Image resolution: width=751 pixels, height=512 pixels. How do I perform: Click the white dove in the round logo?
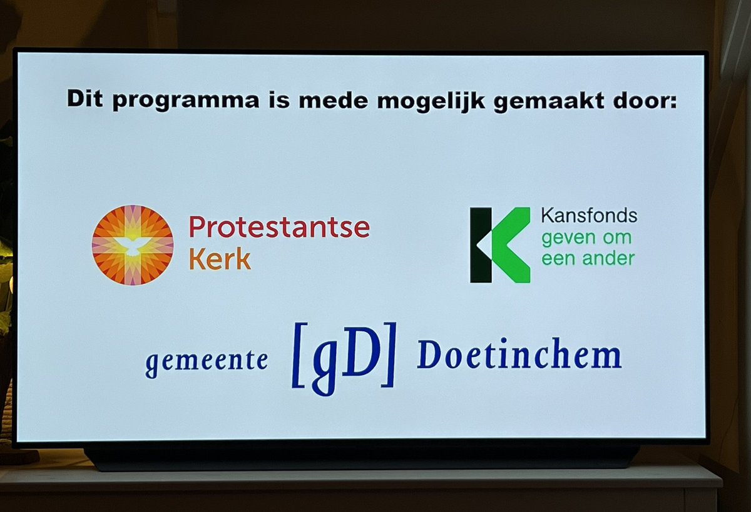(133, 244)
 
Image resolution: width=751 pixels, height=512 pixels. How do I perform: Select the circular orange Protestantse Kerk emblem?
(133, 245)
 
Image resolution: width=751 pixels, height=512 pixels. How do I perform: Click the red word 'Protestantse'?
(279, 228)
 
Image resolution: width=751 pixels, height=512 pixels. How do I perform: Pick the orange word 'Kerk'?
(220, 259)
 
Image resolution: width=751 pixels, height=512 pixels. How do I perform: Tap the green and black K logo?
(499, 245)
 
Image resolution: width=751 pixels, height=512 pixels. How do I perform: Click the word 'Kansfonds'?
(589, 216)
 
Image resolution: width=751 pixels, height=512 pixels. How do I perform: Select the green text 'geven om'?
(578, 238)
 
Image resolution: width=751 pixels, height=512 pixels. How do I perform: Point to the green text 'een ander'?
(588, 258)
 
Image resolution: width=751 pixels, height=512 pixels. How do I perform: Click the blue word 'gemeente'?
(206, 361)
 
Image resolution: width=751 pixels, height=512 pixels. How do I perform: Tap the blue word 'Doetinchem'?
(519, 356)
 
